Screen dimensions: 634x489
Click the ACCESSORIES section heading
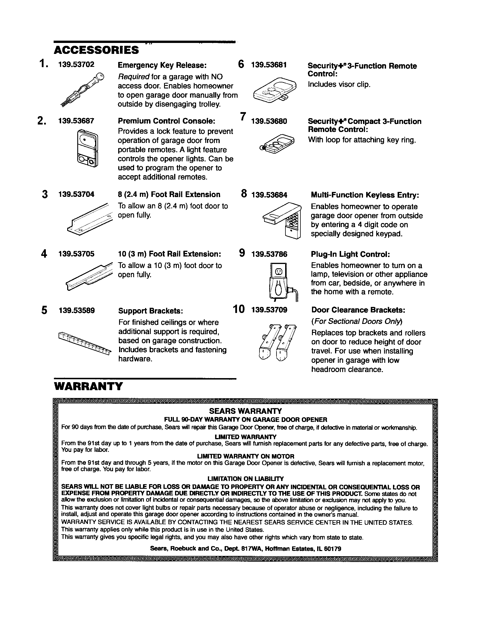(x=96, y=50)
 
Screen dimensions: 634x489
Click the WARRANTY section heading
(x=89, y=386)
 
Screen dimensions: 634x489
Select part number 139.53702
(x=76, y=65)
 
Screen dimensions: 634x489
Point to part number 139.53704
(x=76, y=195)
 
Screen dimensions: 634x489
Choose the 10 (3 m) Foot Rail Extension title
(x=169, y=254)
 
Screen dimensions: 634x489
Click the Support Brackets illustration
(x=84, y=343)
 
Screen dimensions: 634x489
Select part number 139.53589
(x=77, y=311)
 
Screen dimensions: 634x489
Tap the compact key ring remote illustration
(x=276, y=143)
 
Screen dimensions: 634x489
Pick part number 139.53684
(x=269, y=195)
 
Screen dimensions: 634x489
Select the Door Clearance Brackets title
(x=358, y=310)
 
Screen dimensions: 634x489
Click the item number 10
(x=239, y=309)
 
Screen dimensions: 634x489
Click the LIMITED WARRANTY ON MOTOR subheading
(x=245, y=456)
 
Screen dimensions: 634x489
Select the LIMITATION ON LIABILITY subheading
(x=245, y=479)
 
